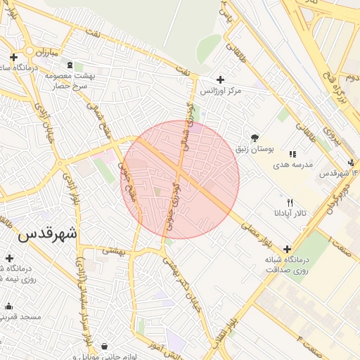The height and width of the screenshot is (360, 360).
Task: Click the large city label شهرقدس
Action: tap(49, 234)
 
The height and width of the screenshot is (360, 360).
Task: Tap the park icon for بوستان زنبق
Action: tap(254, 138)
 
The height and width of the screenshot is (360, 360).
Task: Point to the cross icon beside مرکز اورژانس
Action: tap(221, 79)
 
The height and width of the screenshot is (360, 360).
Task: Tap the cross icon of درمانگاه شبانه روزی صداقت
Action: tap(287, 249)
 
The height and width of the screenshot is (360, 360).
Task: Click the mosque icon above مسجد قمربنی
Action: tap(8, 307)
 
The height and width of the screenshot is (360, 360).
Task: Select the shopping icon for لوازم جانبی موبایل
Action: tap(105, 346)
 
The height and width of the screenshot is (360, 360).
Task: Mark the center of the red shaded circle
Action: tap(181, 179)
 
